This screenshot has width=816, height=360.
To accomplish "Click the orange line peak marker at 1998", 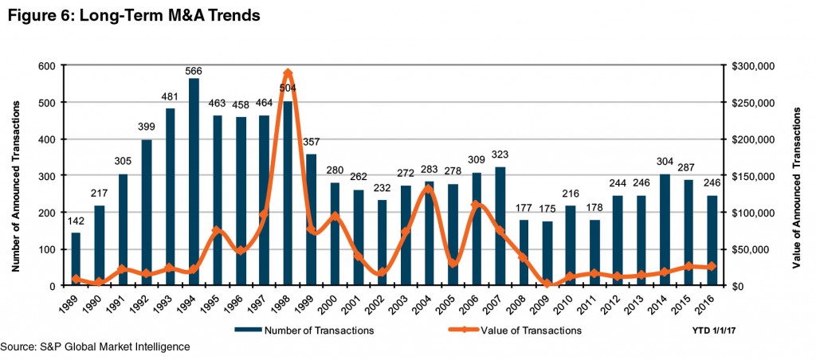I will [288, 73].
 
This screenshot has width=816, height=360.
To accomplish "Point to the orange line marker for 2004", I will [429, 189].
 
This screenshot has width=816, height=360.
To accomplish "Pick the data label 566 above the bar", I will [193, 70].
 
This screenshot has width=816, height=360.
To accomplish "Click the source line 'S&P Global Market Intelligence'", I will [96, 347].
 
